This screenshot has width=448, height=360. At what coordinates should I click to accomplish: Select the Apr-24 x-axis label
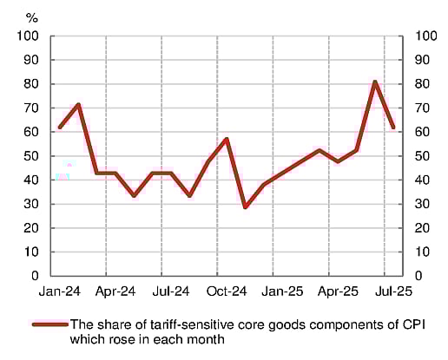tap(115, 292)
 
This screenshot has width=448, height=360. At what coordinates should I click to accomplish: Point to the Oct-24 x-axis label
tap(227, 292)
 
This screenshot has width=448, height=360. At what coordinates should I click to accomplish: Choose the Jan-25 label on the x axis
tap(282, 292)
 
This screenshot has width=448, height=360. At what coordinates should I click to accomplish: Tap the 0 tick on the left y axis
tap(36, 276)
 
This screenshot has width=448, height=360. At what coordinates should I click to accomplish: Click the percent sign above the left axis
tap(32, 16)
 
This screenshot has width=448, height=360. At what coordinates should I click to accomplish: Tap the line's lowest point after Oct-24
tap(246, 207)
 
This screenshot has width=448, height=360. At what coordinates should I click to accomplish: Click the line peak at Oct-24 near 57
tap(227, 139)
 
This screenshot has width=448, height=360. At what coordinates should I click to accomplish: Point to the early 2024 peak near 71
tap(79, 105)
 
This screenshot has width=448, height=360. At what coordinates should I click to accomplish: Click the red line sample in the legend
tap(49, 324)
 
